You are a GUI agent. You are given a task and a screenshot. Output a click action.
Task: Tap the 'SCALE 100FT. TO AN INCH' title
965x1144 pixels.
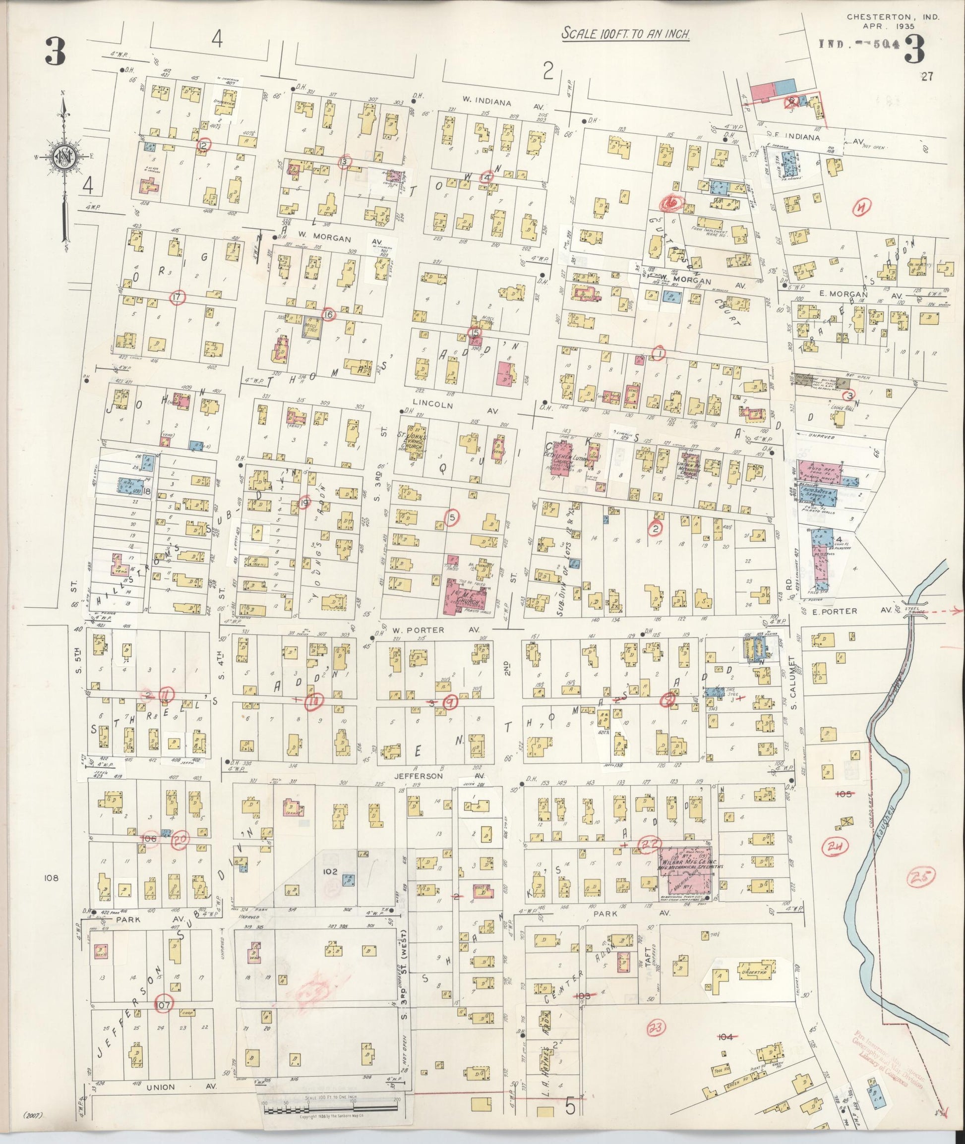tap(626, 34)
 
